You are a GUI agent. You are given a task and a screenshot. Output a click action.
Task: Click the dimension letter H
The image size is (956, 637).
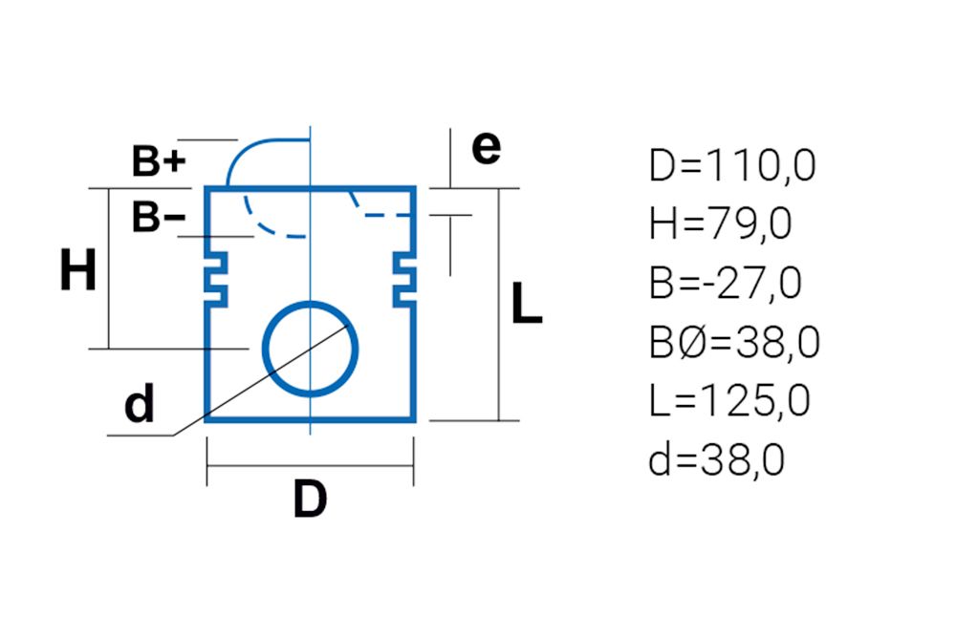[78, 269]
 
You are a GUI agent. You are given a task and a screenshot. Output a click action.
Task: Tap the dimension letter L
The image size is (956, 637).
[527, 303]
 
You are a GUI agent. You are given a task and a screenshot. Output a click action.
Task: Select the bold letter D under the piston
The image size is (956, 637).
[310, 499]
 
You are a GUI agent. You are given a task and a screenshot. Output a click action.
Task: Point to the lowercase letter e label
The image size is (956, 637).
[486, 148]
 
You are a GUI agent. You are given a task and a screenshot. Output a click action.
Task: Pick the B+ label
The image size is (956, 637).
[159, 160]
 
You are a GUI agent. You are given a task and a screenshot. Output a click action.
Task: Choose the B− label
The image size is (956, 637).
[159, 216]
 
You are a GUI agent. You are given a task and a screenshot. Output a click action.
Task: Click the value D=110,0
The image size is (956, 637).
[732, 165]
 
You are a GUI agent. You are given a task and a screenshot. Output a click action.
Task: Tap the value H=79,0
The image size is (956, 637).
[721, 224]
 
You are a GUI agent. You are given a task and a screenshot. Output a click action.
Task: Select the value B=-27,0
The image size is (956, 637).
[726, 283]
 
